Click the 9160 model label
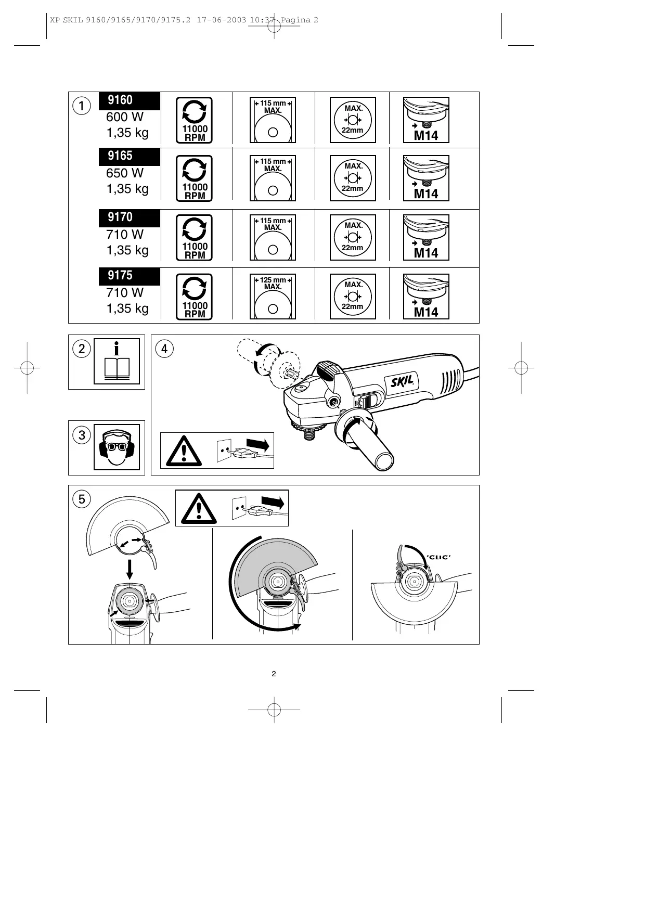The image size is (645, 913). (121, 100)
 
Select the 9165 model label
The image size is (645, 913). (121, 156)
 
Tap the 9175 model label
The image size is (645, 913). (121, 276)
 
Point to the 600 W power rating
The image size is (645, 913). (125, 118)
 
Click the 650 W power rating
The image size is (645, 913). (125, 173)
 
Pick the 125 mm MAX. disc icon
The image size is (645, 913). (273, 297)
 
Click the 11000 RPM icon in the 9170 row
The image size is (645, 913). (195, 238)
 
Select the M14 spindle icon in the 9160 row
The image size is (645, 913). (426, 120)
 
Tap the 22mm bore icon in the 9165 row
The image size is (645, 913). (353, 178)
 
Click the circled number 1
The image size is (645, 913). (82, 105)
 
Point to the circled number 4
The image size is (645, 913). (164, 349)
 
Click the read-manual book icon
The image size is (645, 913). (117, 361)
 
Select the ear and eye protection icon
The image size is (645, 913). (117, 447)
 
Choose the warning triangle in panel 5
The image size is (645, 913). (199, 508)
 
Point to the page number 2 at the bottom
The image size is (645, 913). (274, 674)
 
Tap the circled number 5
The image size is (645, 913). (82, 499)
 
